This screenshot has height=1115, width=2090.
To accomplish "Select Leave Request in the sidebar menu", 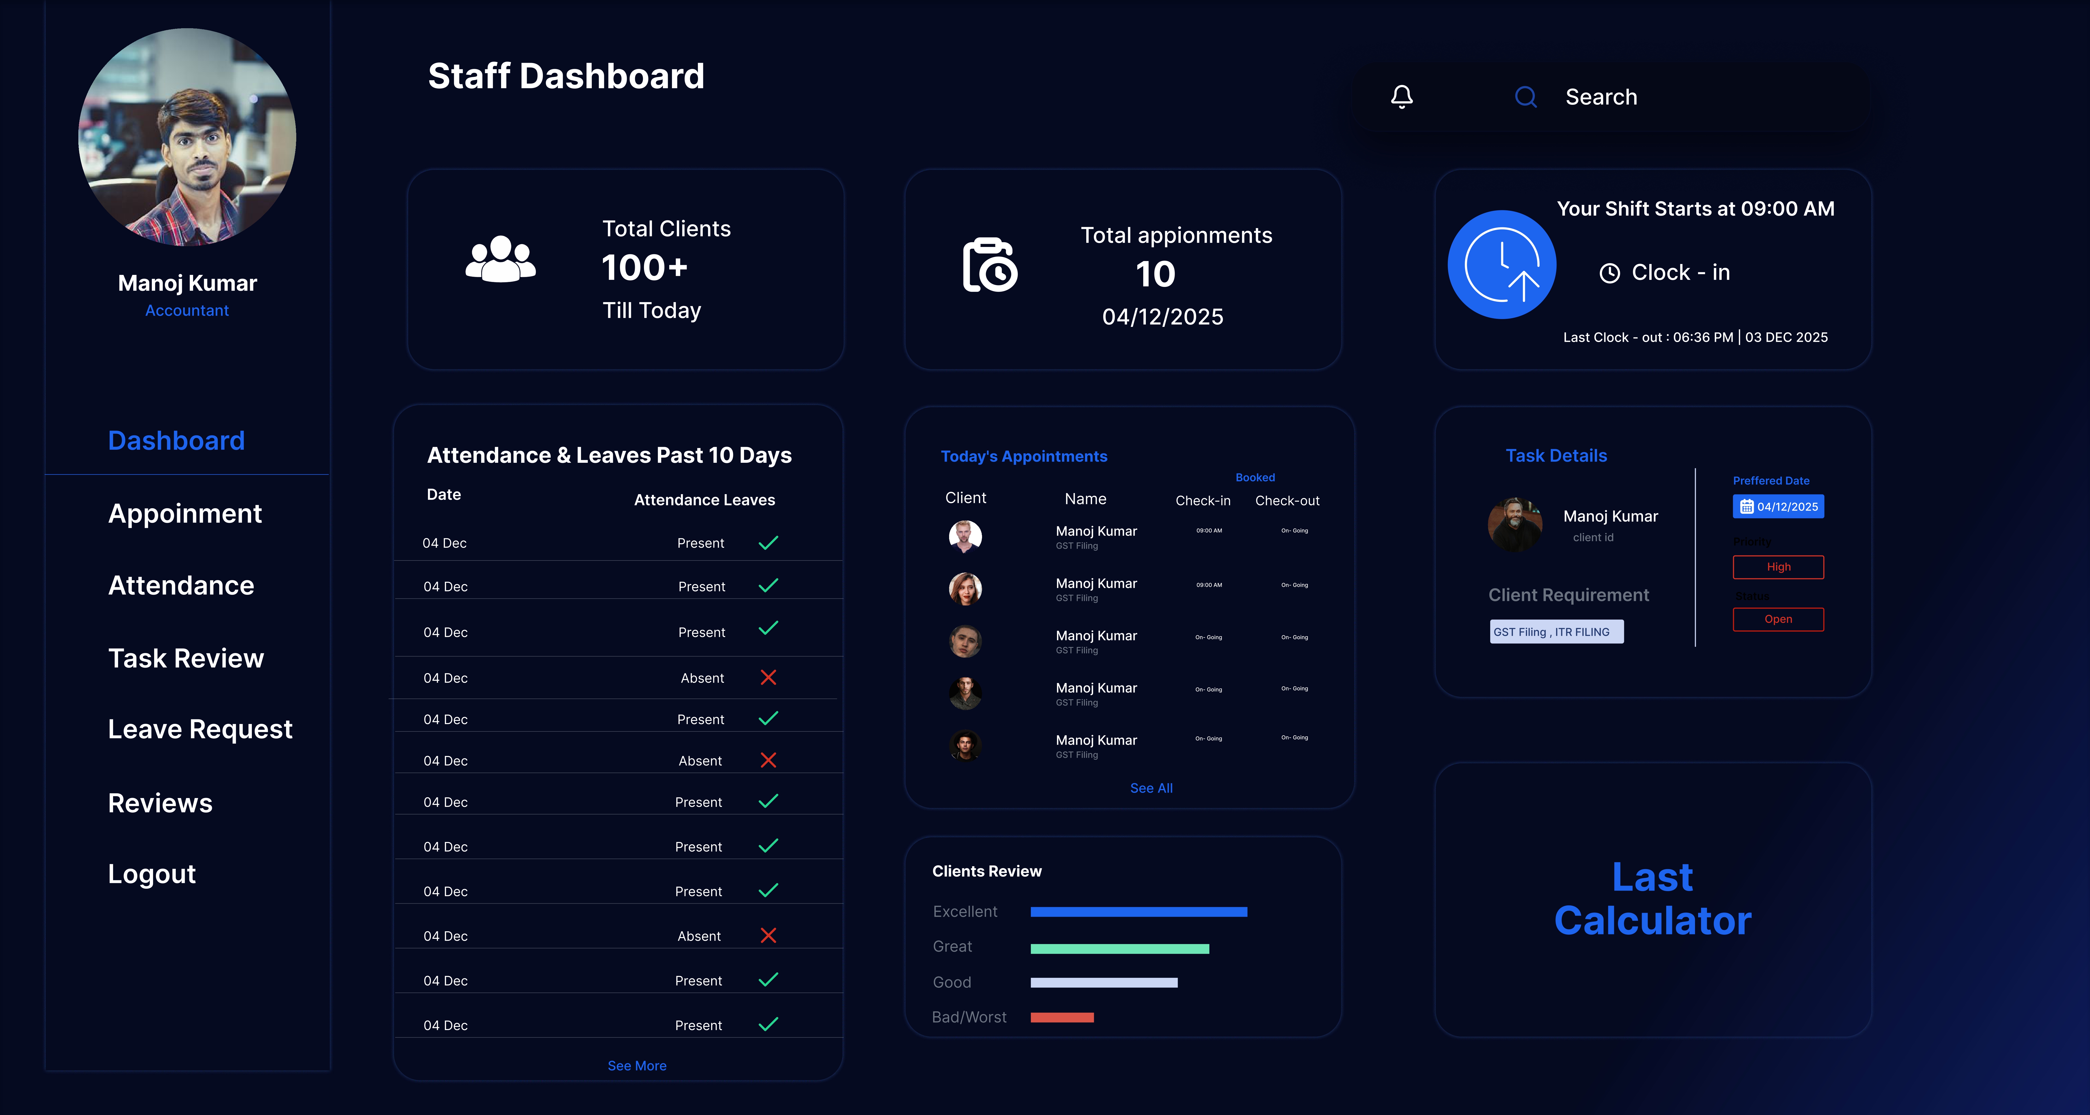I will (x=200, y=729).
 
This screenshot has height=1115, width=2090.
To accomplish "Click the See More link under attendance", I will (x=637, y=1066).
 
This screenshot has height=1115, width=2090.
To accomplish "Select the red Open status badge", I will (x=1778, y=619).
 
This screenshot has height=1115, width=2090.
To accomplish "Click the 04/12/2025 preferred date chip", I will (x=1778, y=506).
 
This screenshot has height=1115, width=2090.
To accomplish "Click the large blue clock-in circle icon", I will (x=1502, y=264).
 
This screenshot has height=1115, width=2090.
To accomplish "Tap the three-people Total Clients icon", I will (x=501, y=260).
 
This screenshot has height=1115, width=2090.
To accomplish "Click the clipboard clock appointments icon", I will (x=990, y=265).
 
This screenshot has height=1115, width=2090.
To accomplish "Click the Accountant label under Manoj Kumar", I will (x=187, y=311).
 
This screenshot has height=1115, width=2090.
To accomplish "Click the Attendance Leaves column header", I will (x=704, y=500).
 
